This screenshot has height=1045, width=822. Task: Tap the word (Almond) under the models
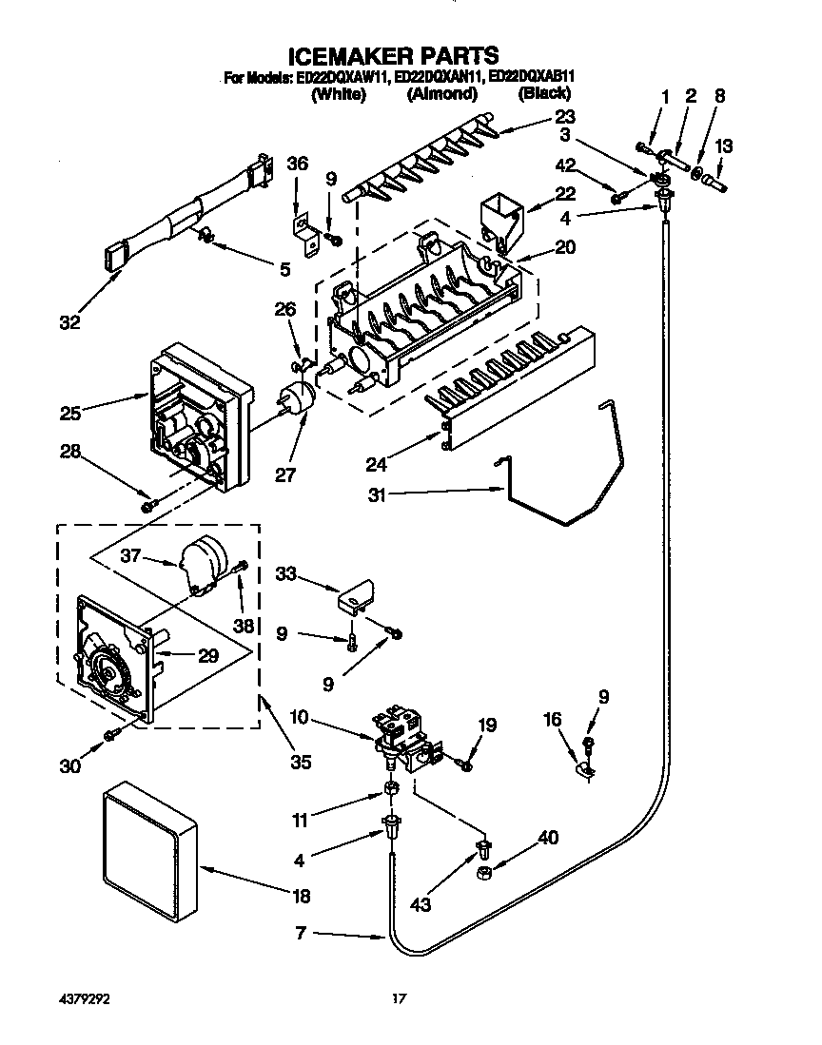click(x=441, y=94)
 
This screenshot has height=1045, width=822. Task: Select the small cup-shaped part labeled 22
click(x=499, y=216)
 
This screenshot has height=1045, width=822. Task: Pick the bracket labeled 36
click(x=304, y=227)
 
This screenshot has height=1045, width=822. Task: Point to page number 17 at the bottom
click(x=400, y=998)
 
